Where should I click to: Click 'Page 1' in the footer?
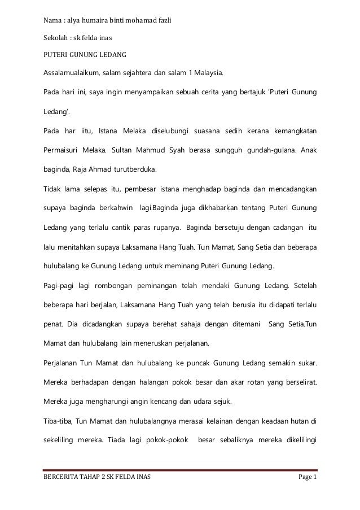click(307, 480)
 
